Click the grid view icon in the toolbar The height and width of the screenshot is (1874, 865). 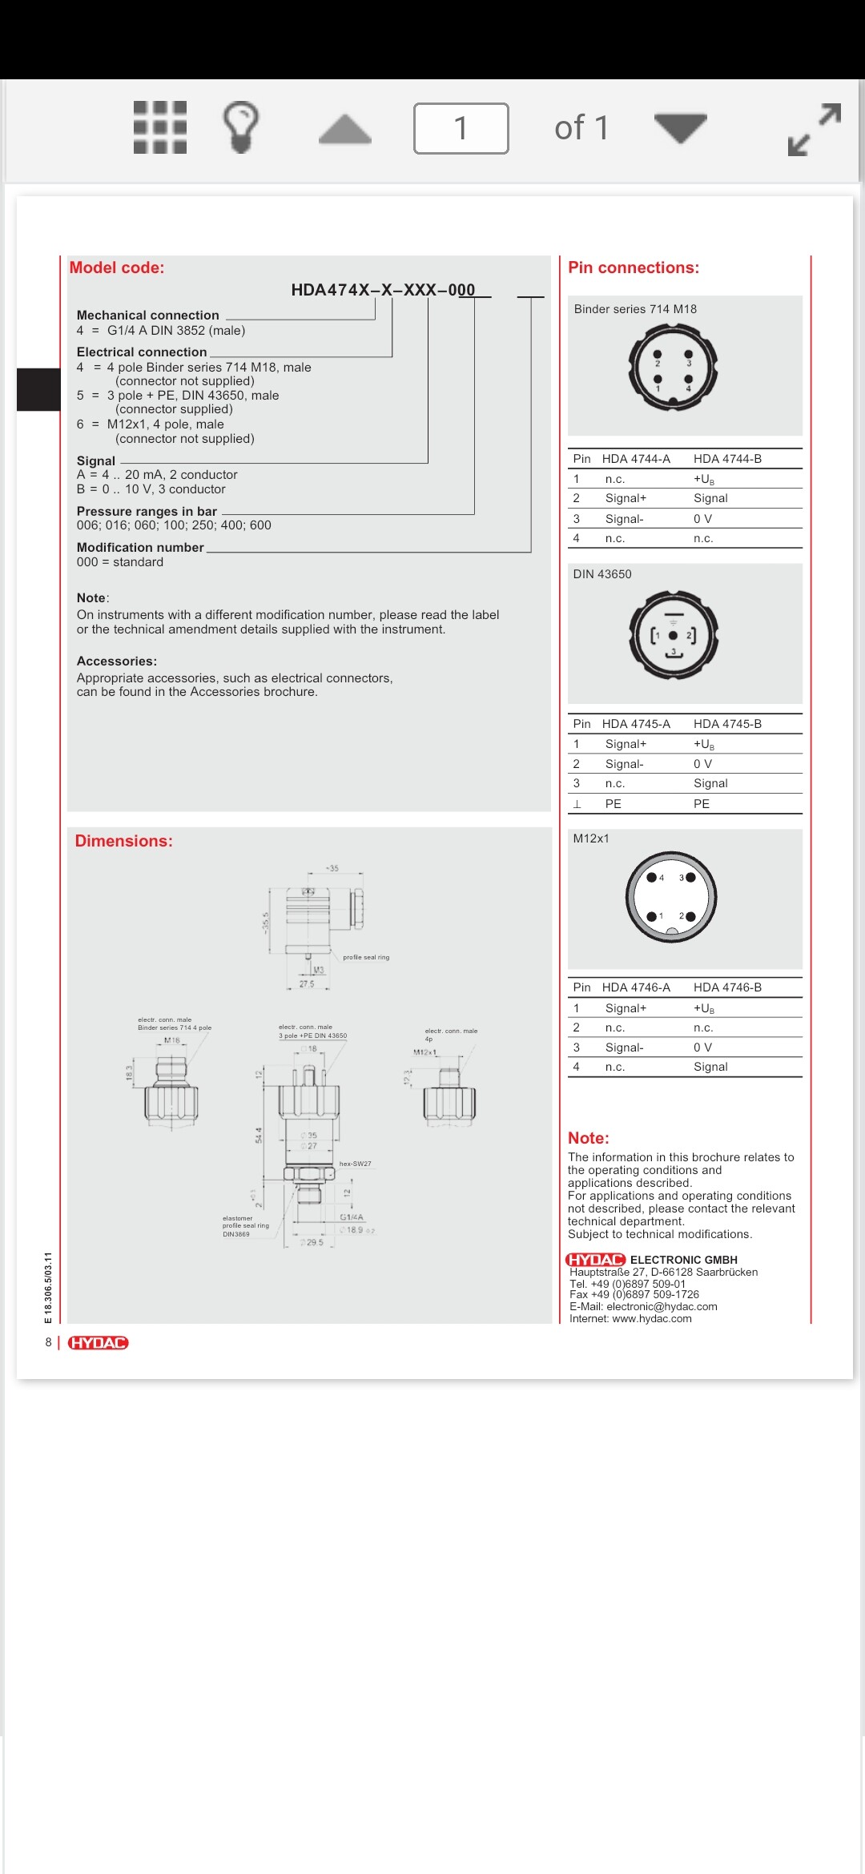[x=160, y=127]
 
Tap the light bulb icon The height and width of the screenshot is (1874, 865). [x=240, y=127]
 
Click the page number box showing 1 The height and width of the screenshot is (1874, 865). [x=461, y=128]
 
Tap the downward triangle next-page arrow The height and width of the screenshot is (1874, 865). [x=680, y=127]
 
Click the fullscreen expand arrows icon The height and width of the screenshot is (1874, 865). [x=815, y=129]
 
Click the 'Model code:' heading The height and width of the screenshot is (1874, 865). [x=117, y=268]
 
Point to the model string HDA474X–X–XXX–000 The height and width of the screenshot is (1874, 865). [x=383, y=290]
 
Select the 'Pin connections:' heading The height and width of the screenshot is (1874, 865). [x=633, y=268]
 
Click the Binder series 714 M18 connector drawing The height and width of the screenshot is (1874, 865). [x=673, y=368]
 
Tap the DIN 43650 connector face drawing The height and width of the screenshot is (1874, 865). [x=674, y=635]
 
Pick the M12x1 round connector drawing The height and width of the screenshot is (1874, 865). [x=671, y=897]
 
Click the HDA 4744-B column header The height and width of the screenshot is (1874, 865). [x=727, y=459]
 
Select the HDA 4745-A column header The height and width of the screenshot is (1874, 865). [x=636, y=724]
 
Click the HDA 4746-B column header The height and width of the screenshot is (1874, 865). [x=727, y=987]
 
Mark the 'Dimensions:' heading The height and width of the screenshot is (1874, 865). [x=124, y=841]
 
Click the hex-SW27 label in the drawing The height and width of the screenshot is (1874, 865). [x=355, y=1164]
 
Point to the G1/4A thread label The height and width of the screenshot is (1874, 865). [x=352, y=1217]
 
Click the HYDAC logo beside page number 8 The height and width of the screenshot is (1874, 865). [x=98, y=1343]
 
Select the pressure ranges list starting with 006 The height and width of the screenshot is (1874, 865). [x=174, y=525]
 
